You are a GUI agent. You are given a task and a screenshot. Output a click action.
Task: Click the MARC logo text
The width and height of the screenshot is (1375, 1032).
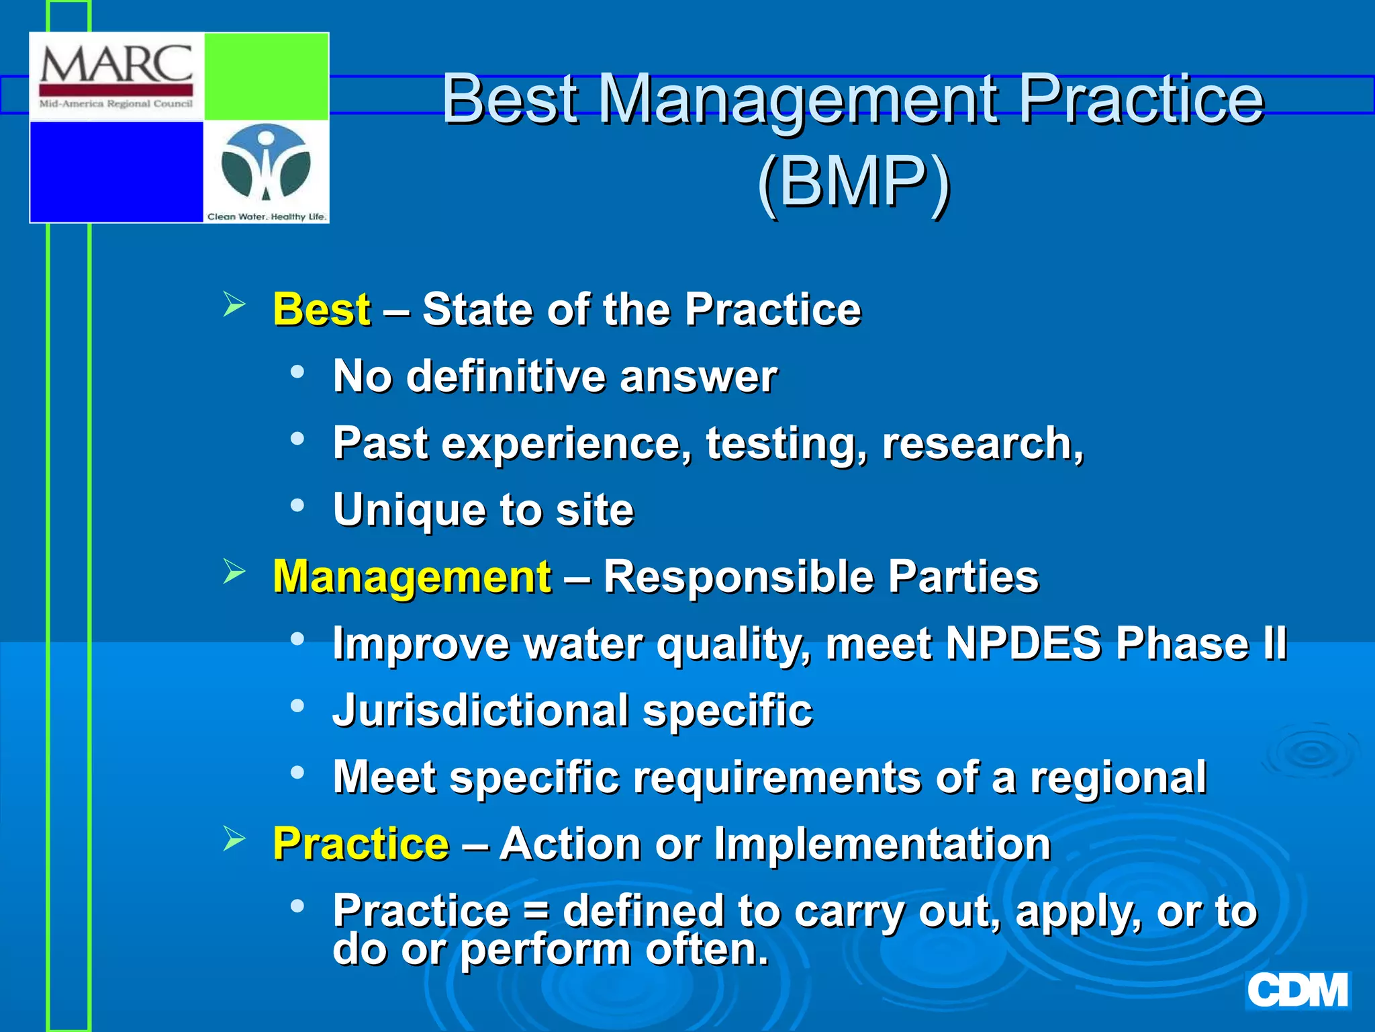click(116, 65)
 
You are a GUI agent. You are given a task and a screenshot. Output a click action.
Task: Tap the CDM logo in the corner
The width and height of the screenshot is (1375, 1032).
click(1298, 990)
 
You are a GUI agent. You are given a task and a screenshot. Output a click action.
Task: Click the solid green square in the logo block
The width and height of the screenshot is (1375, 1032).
click(267, 76)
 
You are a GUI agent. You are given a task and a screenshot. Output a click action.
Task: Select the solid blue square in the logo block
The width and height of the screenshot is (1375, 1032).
click(117, 171)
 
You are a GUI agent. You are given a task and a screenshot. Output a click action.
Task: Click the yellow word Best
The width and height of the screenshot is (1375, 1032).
click(322, 310)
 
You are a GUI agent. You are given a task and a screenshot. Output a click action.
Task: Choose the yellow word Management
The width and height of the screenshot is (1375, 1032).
click(412, 577)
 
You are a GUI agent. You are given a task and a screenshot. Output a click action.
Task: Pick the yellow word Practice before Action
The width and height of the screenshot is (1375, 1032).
click(361, 844)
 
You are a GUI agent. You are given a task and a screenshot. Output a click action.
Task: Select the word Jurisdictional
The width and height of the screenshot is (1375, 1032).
click(481, 711)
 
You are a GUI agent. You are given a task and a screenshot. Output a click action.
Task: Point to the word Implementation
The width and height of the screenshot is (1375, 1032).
click(882, 844)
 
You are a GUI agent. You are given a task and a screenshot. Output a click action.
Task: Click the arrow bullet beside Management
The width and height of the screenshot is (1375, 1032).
click(234, 572)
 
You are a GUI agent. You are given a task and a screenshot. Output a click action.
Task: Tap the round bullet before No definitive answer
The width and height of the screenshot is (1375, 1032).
click(297, 372)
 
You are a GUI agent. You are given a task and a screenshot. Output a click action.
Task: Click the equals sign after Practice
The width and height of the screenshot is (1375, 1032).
click(536, 912)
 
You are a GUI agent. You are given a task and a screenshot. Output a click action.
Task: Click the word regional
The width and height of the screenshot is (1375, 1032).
click(1119, 777)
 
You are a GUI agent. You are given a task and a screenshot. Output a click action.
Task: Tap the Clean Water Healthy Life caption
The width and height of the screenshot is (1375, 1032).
click(267, 216)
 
